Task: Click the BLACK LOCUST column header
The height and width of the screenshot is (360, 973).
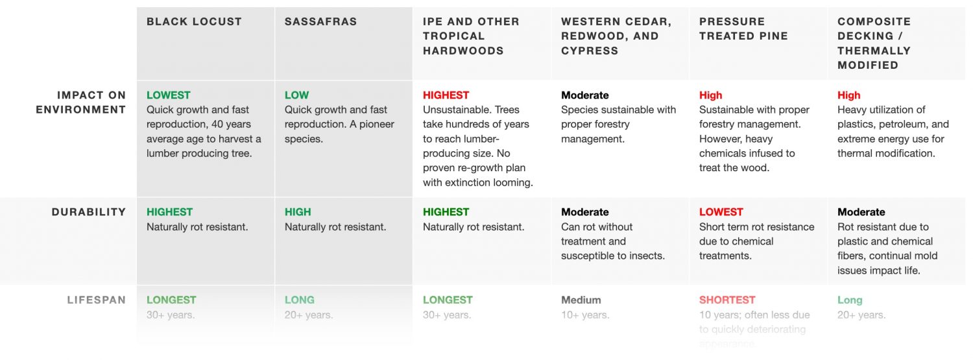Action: (194, 21)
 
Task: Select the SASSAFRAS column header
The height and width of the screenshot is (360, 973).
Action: (320, 21)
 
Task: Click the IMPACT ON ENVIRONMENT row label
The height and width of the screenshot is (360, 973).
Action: (81, 102)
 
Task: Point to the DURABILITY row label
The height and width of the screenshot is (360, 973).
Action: (89, 212)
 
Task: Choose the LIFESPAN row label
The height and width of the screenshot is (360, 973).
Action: (97, 300)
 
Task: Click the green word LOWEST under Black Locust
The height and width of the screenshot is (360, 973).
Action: (169, 95)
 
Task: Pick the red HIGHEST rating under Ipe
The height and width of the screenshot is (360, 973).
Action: (446, 95)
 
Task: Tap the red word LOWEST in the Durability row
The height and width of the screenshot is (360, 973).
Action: (721, 212)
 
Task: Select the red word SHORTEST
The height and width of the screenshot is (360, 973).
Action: (727, 300)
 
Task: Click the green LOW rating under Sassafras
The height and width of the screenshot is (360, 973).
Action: (296, 95)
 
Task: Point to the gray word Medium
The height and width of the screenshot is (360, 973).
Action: (581, 300)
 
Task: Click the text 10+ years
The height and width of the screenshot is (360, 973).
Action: (584, 315)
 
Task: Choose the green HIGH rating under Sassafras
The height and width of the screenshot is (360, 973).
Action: (298, 212)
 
